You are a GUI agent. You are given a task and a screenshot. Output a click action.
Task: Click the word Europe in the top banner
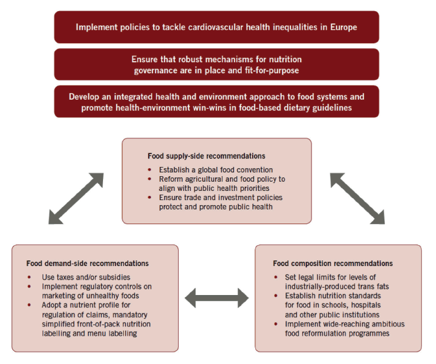point(343,28)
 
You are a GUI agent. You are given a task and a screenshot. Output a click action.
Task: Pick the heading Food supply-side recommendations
point(207,156)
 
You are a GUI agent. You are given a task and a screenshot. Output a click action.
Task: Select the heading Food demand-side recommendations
point(88,264)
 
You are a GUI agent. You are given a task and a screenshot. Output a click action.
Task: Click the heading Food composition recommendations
point(333,264)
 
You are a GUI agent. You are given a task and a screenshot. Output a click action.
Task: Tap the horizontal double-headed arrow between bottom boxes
point(216,298)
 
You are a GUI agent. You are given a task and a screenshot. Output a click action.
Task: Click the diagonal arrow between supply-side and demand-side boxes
point(76,198)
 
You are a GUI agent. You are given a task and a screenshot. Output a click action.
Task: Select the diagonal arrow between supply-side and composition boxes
point(357,198)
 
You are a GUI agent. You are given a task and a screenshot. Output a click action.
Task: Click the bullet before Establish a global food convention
point(150,169)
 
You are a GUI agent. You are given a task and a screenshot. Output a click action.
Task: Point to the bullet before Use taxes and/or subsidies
point(29,277)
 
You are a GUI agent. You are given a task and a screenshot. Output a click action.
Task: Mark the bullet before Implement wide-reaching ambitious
point(276,324)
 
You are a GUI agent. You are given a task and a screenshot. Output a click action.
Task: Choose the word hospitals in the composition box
point(366,305)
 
